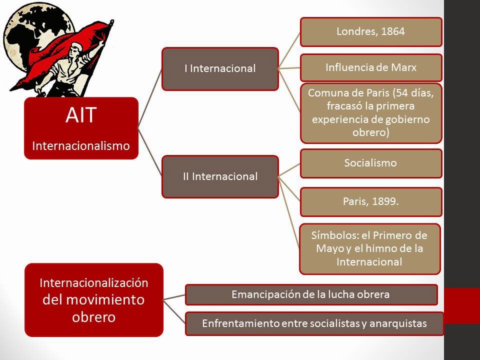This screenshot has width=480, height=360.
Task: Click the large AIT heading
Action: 81,116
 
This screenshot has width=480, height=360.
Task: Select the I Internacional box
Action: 220,69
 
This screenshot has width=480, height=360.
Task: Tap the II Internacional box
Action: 220,176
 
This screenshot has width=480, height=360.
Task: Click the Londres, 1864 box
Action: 371,32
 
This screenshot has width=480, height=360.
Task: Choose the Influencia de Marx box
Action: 371,67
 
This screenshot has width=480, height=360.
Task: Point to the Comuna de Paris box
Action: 371,113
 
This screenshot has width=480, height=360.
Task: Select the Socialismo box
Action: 371,163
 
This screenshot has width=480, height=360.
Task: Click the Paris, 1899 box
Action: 371,201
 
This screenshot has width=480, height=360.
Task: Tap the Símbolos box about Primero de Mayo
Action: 369,248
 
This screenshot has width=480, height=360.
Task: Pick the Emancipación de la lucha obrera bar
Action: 311,294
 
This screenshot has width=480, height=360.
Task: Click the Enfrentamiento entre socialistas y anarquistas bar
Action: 314,323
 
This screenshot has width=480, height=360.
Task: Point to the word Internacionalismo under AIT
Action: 81,145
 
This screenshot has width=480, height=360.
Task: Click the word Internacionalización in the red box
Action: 94,282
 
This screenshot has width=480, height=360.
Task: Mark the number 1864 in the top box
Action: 392,32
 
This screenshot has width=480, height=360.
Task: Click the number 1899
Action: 384,201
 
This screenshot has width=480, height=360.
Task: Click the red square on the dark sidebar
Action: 462,305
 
